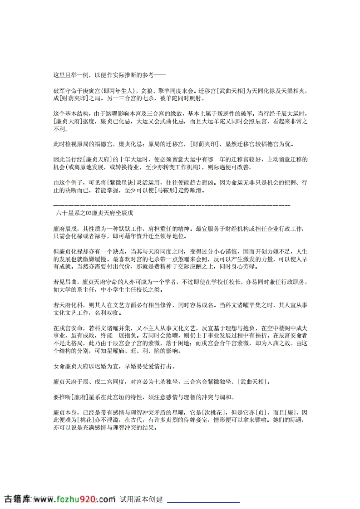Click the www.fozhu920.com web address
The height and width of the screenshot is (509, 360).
click(73, 499)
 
